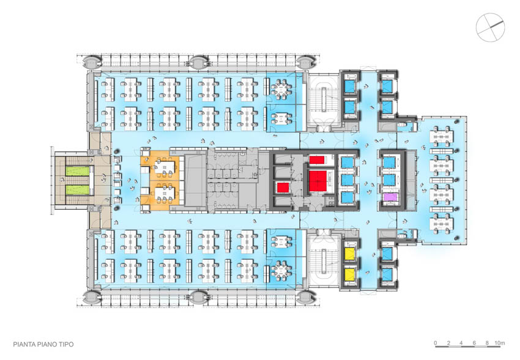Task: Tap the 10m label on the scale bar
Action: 499,343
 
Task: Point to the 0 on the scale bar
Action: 436,343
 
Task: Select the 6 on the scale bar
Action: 474,343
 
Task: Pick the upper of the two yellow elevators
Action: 350,254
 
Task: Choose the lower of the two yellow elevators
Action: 350,274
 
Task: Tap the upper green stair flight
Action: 78,171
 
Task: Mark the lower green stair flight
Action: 78,190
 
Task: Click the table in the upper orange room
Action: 165,166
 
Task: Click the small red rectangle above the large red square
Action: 317,160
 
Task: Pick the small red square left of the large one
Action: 283,188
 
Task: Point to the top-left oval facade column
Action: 92,61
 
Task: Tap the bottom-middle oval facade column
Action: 199,297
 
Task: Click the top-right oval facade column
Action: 305,61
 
